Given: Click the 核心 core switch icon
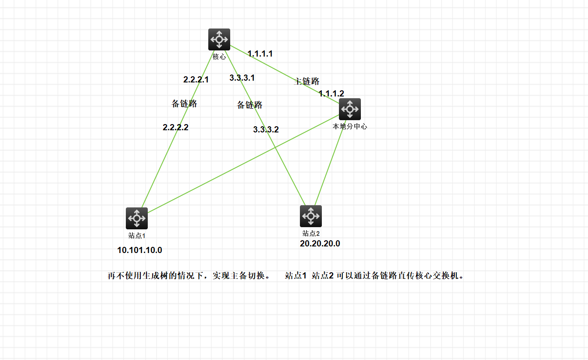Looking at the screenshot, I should tap(219, 39).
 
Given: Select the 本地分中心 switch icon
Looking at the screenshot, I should tap(350, 109).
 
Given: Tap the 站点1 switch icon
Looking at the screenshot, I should tap(137, 218).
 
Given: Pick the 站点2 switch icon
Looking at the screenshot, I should tap(311, 216).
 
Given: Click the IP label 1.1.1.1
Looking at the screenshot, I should tap(260, 54).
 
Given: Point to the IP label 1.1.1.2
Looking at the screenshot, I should tap(331, 93).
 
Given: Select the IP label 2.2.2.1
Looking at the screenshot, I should tap(196, 80).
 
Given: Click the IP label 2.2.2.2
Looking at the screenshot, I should tap(175, 128).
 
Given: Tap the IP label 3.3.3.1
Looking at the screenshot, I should tap(242, 78).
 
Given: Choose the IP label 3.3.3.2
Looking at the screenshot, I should tap(266, 130).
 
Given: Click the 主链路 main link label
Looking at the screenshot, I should tap(306, 82).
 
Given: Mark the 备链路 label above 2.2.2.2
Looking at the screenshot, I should tap(184, 104).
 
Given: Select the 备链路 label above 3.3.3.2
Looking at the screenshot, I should tap(249, 105).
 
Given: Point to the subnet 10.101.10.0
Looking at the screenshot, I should tap(139, 250).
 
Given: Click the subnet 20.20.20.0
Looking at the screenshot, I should tap(320, 244).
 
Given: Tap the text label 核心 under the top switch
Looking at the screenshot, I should tap(219, 57).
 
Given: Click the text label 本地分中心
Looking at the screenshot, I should tap(349, 127).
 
